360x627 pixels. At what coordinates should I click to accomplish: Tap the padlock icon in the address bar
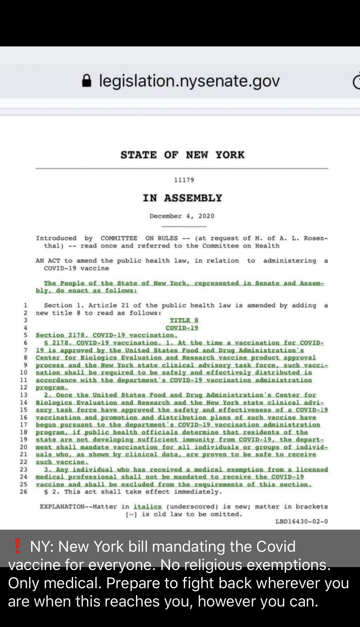(87, 81)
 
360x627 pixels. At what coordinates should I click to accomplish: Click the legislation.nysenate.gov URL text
(189, 81)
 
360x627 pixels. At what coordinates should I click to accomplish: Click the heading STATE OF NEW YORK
(182, 155)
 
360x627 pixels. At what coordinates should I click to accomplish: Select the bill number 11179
(184, 180)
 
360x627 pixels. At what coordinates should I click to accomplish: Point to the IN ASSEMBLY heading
(182, 198)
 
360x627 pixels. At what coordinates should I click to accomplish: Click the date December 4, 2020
(182, 216)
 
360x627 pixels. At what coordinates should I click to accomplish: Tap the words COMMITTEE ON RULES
(139, 238)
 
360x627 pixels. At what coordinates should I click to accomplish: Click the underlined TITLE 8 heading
(184, 320)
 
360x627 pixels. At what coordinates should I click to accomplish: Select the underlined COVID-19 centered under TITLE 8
(182, 328)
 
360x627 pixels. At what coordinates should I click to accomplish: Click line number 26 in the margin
(24, 492)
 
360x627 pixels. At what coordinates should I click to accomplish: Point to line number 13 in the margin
(24, 395)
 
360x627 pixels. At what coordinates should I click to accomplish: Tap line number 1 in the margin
(26, 305)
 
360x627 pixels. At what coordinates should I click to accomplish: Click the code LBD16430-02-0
(301, 521)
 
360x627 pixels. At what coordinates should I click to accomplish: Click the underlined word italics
(148, 507)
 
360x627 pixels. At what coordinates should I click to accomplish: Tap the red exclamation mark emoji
(18, 546)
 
